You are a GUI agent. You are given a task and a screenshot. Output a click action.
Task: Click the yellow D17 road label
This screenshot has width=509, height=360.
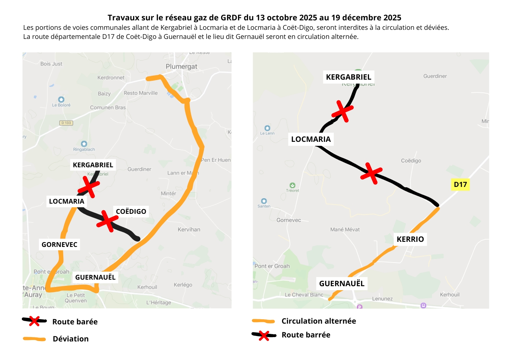460,184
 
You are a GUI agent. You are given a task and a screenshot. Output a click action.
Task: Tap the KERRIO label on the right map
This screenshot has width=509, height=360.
410,239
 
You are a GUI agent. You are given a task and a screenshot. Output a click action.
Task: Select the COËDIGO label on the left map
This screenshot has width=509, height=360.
131,211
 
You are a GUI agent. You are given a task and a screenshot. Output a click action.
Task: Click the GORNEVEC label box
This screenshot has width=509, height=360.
59,244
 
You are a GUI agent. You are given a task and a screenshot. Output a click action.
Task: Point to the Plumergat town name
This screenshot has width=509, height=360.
181,67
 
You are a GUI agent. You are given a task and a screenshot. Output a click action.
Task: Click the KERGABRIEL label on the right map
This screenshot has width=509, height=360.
348,77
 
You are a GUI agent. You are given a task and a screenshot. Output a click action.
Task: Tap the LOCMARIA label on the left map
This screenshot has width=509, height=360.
67,201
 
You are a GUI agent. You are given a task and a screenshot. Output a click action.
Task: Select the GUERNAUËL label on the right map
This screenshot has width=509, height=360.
341,284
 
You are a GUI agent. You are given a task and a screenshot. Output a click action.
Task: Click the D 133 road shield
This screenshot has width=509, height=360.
66,123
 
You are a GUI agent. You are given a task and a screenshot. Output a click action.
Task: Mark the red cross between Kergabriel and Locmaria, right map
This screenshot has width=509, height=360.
342,111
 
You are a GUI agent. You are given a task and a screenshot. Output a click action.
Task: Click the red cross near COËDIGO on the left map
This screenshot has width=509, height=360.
107,220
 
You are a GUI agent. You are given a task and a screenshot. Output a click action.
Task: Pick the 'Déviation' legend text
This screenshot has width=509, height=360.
71,339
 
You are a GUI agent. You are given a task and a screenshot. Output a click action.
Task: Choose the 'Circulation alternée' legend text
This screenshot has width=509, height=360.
318,321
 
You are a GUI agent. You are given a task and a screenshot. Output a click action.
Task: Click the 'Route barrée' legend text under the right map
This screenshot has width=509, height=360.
306,335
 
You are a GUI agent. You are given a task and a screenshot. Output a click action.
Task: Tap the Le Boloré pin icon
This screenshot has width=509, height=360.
61,99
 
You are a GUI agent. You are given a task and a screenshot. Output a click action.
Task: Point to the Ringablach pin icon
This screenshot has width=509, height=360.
84,144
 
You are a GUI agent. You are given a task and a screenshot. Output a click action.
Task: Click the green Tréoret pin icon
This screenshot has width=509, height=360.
292,185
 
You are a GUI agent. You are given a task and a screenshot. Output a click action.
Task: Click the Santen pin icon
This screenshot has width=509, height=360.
264,201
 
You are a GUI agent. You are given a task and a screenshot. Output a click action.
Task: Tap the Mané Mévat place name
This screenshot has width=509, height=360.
345,229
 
